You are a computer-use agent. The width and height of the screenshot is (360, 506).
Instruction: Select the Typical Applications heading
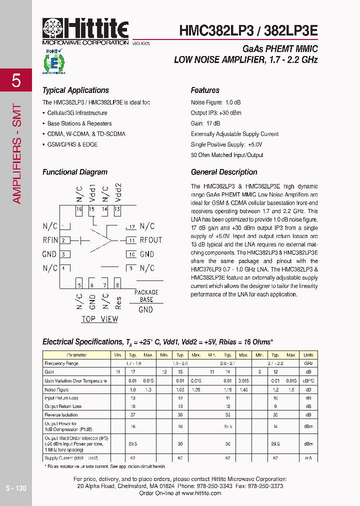click(75, 90)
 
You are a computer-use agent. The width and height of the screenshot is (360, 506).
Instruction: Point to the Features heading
click(205, 90)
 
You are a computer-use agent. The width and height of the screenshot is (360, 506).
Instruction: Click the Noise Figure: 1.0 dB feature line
click(216, 102)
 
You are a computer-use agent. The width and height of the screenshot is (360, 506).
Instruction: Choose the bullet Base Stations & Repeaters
click(79, 123)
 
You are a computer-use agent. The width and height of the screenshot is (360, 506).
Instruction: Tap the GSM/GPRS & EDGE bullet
click(72, 144)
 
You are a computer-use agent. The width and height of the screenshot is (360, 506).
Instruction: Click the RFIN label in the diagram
click(50, 240)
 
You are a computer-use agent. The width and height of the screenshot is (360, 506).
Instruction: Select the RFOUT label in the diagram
click(150, 240)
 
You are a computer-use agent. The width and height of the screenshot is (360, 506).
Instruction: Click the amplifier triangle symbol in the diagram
click(102, 240)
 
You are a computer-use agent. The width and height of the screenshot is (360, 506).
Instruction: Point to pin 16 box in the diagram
click(79, 209)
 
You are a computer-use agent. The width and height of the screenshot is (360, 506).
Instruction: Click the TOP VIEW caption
click(99, 319)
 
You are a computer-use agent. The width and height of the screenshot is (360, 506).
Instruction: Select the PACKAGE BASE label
click(146, 295)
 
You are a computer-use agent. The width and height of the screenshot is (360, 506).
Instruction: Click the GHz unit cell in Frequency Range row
click(308, 363)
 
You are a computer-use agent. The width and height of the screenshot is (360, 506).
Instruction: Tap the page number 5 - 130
click(16, 488)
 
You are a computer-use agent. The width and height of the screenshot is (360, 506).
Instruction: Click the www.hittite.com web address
click(200, 493)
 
